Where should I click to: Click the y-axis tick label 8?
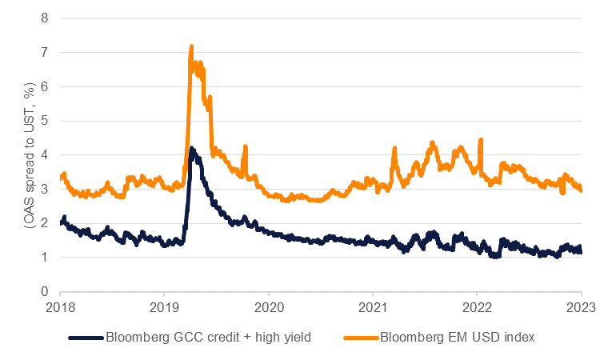44,18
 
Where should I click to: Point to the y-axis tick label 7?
44,52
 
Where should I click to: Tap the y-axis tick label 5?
44,121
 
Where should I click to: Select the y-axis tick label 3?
44,190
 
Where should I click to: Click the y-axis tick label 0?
44,292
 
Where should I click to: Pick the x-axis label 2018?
60,307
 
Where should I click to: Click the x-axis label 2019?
164,307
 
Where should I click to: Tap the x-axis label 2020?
269,307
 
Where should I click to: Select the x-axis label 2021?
373,307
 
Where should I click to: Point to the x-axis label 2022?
477,307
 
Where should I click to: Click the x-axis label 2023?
581,307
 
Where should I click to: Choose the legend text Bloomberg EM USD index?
458,338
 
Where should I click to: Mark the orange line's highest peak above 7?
192,46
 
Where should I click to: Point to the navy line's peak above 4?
191,148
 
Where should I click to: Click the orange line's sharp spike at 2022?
480,140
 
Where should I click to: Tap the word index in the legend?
519,338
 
